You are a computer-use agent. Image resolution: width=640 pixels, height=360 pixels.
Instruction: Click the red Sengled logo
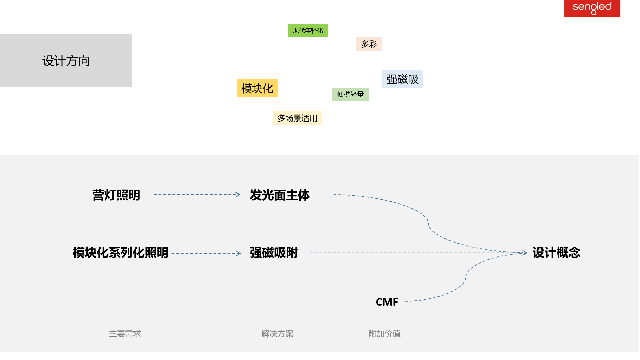pos(592,8)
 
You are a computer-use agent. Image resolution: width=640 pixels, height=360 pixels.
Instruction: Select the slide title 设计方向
pos(66,61)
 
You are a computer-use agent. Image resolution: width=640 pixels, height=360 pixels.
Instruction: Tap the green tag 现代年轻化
pos(308,31)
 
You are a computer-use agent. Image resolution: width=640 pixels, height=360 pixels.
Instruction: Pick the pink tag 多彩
pos(369,44)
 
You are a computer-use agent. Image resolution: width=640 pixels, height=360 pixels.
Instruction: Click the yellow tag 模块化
pos(257,88)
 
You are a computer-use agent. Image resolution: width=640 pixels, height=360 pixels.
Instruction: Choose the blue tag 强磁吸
pos(402,79)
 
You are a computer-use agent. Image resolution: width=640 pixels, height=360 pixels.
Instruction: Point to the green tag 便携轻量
pos(350,94)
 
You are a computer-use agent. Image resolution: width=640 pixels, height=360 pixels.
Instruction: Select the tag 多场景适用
pos(297,118)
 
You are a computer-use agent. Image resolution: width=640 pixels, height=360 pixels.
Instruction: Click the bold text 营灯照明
pos(116,195)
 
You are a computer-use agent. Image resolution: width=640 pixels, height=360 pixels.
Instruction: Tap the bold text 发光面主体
pos(280,195)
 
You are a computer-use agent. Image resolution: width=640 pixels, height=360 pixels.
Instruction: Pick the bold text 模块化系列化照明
pos(121,253)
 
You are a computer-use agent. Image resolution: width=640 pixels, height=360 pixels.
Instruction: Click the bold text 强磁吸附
pos(274,253)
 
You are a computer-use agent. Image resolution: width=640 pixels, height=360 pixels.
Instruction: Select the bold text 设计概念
pos(556,253)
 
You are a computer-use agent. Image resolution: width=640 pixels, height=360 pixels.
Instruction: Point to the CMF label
pos(387,302)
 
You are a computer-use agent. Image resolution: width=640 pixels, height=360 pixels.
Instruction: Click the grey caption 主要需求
pos(125,334)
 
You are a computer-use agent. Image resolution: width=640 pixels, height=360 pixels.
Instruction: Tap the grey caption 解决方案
pos(277,334)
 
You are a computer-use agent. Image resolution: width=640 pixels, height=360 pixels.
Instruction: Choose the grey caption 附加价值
pos(384,334)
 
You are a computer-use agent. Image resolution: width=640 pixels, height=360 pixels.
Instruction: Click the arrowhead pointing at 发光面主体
pos(238,195)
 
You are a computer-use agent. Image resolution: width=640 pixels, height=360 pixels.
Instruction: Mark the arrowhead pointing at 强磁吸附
pos(238,253)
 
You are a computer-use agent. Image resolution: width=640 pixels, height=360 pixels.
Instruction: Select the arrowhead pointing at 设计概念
pos(525,253)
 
